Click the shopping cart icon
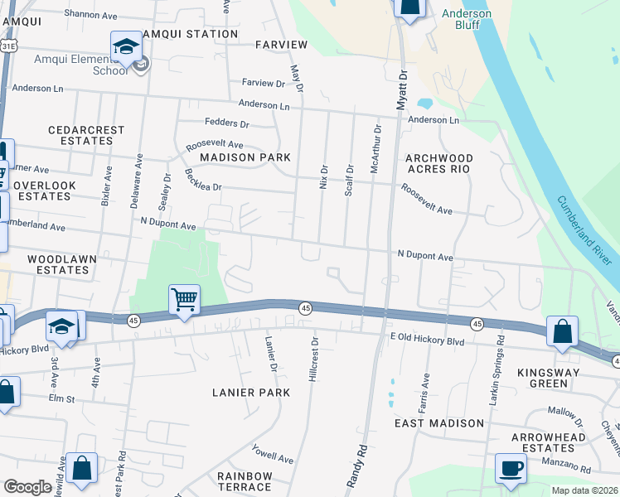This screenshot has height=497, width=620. [184, 299]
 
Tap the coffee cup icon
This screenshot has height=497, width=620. [511, 468]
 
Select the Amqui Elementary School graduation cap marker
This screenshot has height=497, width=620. [126, 46]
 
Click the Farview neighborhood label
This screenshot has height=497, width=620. [281, 44]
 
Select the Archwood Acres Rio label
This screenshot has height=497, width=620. [438, 163]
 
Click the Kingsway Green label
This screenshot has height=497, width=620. [554, 378]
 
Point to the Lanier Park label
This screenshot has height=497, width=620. [250, 393]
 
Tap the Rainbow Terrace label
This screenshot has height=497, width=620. [245, 481]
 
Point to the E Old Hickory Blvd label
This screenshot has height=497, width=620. [427, 340]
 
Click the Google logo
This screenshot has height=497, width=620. [27, 487]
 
